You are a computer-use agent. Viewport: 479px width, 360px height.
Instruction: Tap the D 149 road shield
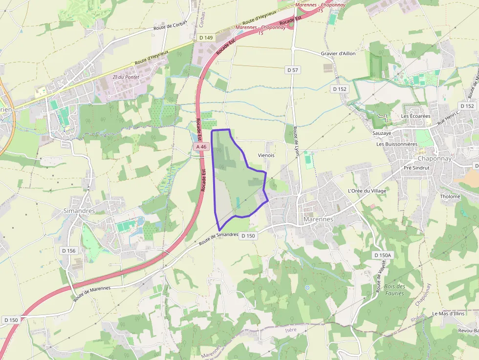206,38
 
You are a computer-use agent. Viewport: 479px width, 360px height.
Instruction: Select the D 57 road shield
292,70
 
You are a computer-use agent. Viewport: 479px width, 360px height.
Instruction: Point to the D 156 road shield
69,251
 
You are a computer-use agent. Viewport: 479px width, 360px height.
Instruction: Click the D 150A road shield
382,255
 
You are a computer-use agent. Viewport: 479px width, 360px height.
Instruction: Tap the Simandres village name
79,211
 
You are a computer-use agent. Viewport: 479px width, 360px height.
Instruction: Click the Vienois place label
266,155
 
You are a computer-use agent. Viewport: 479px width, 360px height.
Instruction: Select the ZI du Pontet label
126,77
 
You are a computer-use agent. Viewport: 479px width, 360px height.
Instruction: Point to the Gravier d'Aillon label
338,53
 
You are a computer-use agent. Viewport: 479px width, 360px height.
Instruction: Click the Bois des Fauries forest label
394,290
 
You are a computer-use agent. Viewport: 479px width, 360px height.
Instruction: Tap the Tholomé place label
450,196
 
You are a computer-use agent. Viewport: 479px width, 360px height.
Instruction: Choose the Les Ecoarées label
415,116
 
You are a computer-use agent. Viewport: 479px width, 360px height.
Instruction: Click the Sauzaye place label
382,132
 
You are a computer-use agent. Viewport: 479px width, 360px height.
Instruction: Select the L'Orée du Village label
367,191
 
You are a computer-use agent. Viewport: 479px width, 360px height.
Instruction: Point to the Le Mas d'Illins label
448,313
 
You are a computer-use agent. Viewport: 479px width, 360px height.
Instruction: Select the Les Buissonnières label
397,144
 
